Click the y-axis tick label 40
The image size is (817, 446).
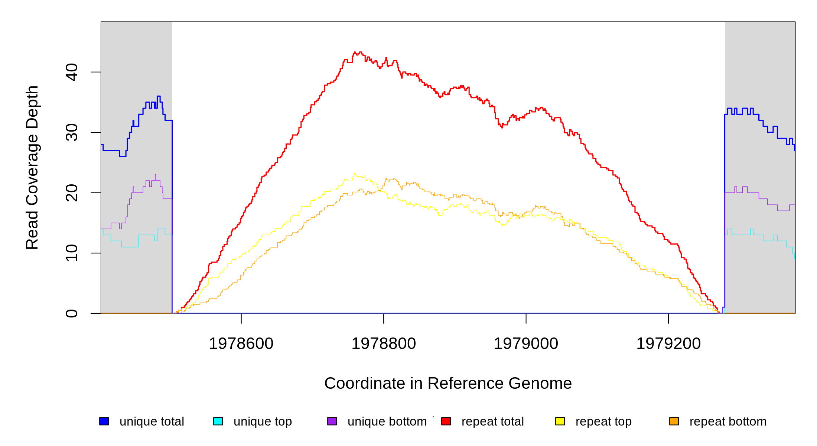(71, 72)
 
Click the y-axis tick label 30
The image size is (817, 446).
(71, 133)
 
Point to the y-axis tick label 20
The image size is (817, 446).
(71, 193)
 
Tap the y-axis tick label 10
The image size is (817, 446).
(71, 253)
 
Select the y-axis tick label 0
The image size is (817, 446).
(71, 313)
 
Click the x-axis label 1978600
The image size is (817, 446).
(241, 343)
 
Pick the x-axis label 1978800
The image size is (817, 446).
(384, 343)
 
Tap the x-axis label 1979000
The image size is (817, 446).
(526, 343)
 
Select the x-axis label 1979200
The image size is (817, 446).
(668, 343)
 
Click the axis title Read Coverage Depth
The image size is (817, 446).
(32, 167)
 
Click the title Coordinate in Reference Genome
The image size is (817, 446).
(448, 383)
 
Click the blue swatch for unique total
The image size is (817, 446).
(104, 421)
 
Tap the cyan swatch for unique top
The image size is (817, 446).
(218, 421)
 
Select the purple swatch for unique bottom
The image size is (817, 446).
(332, 421)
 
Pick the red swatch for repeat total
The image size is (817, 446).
(446, 421)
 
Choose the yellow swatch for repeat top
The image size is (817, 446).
(560, 421)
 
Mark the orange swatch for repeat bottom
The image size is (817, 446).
(674, 421)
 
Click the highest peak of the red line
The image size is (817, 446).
(355, 52)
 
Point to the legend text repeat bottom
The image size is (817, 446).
(728, 421)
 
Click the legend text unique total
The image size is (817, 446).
(152, 421)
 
